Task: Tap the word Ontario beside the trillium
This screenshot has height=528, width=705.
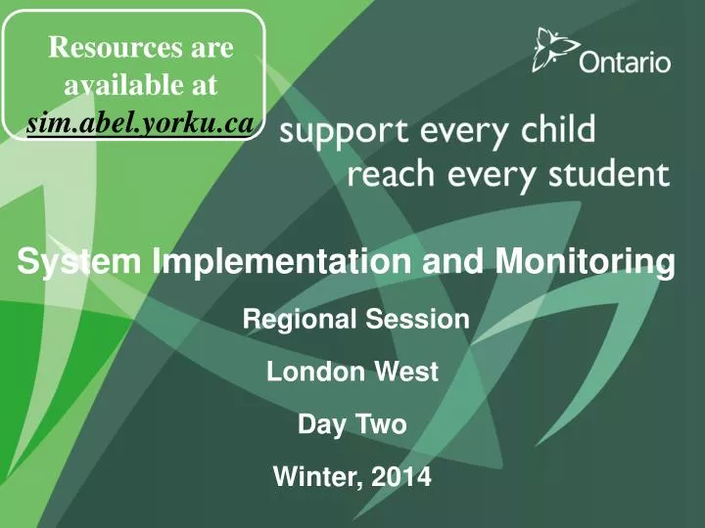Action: coord(625,62)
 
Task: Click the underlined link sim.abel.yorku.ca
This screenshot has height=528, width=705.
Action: coord(141,122)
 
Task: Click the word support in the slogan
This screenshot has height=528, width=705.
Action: coord(344,131)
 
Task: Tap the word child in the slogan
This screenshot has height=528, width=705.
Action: coord(558,128)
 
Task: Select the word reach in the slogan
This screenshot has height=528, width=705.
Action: coord(391,173)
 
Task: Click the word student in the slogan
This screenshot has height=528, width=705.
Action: coord(609,174)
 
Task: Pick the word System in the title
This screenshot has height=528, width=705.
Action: coord(79,262)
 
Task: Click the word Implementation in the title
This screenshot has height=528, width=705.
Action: coord(281,262)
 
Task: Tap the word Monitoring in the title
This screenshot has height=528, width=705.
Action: coord(585,262)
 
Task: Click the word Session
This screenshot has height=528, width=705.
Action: coord(417,319)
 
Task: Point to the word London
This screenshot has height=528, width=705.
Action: coord(315,372)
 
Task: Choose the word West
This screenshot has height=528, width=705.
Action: coord(406,372)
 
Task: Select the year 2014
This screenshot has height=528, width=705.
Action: coord(401,476)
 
